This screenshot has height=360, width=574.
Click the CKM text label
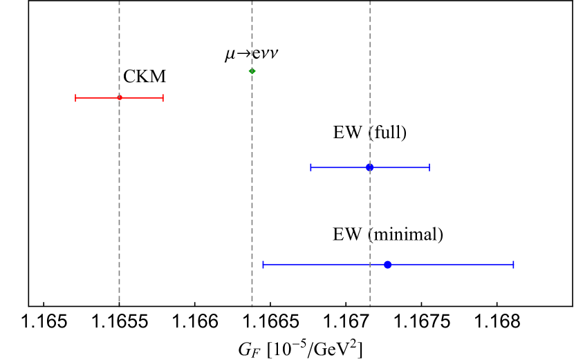tap(145, 77)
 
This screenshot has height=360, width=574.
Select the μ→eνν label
tap(252, 55)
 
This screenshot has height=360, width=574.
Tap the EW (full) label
tap(370, 133)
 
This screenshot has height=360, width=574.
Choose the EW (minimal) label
tap(388, 234)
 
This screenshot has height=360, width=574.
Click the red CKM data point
tap(120, 97)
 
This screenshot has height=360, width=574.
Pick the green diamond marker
tap(252, 70)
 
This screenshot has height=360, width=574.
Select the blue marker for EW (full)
tap(370, 167)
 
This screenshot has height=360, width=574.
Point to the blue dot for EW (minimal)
tap(388, 265)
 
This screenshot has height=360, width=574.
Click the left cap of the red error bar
tap(75, 97)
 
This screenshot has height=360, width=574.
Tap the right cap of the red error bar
tap(163, 97)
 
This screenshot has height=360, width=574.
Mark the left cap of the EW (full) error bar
tap(311, 167)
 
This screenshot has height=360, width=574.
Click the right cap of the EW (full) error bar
tap(429, 167)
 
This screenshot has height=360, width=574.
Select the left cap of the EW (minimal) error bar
tap(263, 265)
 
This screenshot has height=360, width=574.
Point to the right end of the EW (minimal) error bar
tap(513, 265)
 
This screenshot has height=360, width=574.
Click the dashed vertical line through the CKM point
tap(120, 207)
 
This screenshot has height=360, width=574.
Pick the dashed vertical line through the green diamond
tap(252, 207)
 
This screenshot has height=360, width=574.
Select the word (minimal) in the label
tap(405, 234)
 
